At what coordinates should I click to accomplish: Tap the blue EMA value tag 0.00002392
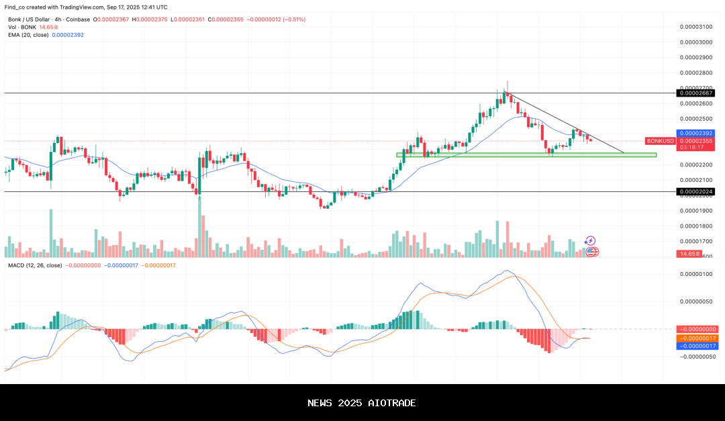pos(695,134)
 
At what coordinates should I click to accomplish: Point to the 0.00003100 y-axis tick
pos(695,26)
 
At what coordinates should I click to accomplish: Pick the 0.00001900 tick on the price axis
pos(695,211)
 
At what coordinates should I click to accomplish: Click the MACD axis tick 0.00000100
pos(695,274)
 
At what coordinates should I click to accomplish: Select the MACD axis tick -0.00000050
pos(695,357)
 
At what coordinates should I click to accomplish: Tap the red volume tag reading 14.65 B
pos(689,254)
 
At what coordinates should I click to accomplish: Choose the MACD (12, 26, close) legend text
pos(35,265)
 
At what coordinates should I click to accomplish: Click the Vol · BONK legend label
pos(22,27)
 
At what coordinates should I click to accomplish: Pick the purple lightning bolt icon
pos(590,240)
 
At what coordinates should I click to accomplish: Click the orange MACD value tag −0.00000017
pos(699,338)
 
